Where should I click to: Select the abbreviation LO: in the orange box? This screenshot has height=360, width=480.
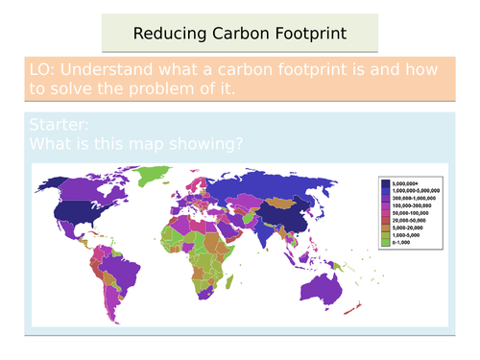pyautogui.click(x=46, y=69)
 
